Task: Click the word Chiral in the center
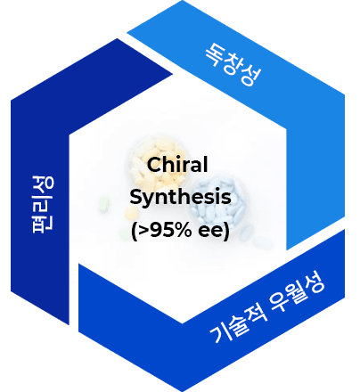point(177,165)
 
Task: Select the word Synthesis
point(180,198)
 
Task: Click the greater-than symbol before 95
point(143,231)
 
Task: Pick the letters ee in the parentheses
point(210,232)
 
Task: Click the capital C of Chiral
point(154,165)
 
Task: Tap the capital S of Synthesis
point(136,196)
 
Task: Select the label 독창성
point(233,64)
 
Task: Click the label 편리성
point(43,204)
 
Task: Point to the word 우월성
point(298,293)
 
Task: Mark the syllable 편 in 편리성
point(43,223)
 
